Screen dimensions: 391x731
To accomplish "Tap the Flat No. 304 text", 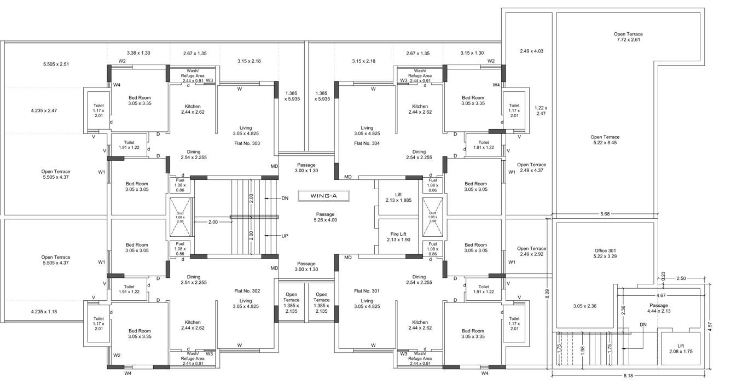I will [x=367, y=143].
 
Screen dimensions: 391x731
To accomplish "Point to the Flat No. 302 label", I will [x=247, y=291].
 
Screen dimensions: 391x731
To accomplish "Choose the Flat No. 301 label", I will [x=367, y=291].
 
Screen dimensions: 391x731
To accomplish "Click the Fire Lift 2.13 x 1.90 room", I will [x=398, y=237].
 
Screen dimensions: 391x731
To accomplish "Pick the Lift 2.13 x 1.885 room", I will [x=398, y=197].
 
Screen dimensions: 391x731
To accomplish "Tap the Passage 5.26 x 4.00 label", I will [x=325, y=217].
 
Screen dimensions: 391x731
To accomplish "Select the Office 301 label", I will [x=605, y=253].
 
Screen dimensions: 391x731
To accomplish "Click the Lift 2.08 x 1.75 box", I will [x=680, y=348].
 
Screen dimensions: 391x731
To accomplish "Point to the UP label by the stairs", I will [x=285, y=236].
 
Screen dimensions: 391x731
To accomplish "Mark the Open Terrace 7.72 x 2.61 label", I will [x=628, y=37].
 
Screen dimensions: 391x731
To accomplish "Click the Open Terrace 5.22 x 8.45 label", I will [x=605, y=140].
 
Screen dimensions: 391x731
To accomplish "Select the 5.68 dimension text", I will [x=605, y=214].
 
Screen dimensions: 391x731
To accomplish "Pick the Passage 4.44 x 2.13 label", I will [x=659, y=308].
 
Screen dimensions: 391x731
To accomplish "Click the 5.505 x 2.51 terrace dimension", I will [x=56, y=65].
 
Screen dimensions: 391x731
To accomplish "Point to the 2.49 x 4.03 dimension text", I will [x=531, y=51].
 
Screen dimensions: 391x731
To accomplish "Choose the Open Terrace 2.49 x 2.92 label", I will [x=531, y=252].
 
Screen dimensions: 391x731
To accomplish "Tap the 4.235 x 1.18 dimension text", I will [x=44, y=312].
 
